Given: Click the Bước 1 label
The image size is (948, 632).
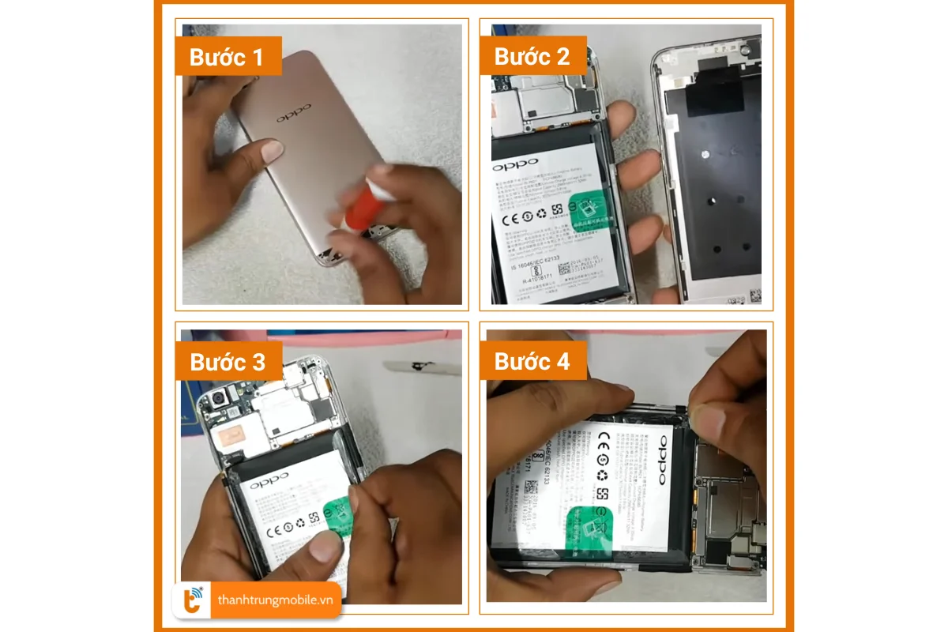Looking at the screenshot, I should [x=227, y=57].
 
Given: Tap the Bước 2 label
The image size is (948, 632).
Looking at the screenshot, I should [x=531, y=57].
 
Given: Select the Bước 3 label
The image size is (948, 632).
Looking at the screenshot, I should [x=227, y=362].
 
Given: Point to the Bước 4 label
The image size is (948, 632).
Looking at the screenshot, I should [x=531, y=362].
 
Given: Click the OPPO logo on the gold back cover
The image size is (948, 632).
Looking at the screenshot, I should [x=294, y=114].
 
